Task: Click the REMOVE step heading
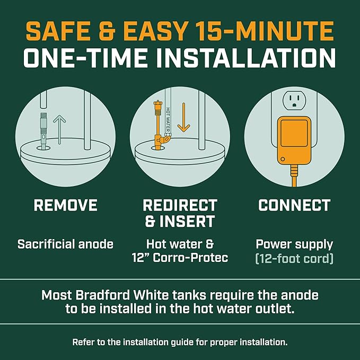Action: click(65, 206)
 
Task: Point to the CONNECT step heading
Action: click(294, 206)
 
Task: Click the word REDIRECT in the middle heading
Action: click(180, 206)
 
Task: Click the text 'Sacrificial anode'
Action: click(65, 244)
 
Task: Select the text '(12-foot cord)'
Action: click(294, 260)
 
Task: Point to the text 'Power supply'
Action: click(294, 244)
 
